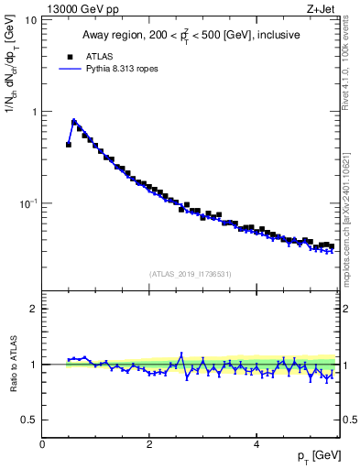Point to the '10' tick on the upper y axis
(30, 19)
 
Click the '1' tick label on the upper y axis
(33, 111)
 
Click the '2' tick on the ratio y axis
(33, 309)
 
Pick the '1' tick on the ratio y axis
(33, 365)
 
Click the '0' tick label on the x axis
(42, 444)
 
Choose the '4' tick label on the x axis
(256, 444)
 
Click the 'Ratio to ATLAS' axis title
(11, 365)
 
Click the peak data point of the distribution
(74, 121)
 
